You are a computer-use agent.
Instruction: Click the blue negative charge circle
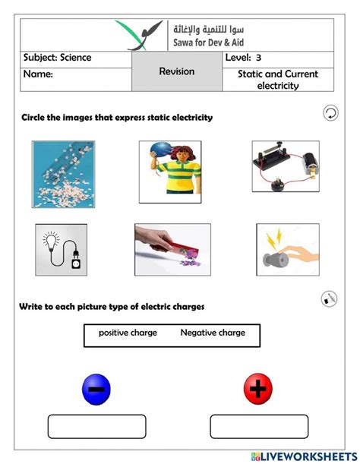coord(96,389)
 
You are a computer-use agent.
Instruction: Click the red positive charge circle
coord(258,389)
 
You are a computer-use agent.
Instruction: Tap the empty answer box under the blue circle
coord(96,427)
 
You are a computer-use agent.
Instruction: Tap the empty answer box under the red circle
coord(259,427)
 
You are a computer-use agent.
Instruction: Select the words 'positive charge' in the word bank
coord(128,333)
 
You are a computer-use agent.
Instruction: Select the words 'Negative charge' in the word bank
coord(213,333)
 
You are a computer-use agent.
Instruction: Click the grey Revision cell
coord(177,71)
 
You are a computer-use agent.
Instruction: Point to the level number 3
coord(258,58)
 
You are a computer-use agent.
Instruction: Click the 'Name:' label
coord(38,74)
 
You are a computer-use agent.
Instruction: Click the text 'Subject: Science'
coord(58,58)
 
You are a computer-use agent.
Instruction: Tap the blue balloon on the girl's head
coord(161,150)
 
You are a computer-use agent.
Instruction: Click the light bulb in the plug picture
coord(51,241)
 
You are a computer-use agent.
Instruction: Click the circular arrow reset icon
coord(330,113)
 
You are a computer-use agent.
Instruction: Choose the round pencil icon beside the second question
coord(329,298)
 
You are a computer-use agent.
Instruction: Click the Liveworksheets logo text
coord(305,456)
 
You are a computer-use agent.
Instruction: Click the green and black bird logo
coord(139,36)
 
